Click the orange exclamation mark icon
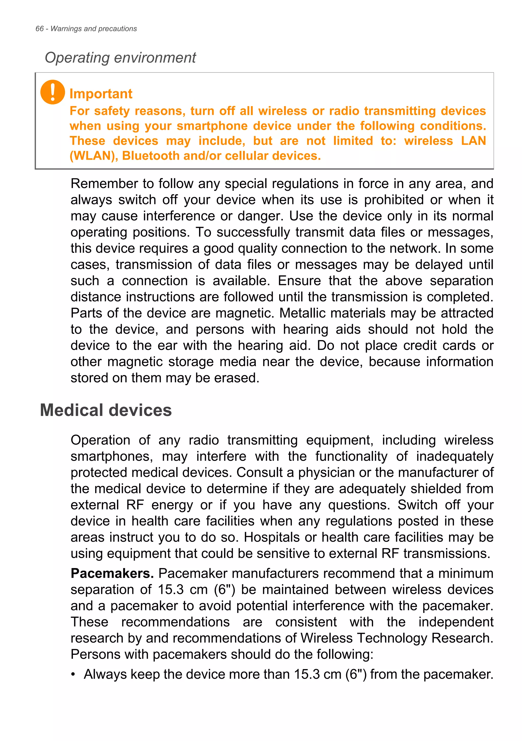(52, 92)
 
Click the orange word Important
(101, 94)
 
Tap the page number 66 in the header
(39, 29)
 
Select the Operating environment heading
(120, 58)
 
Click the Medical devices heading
(106, 410)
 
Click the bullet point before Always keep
(73, 674)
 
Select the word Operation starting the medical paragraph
(100, 440)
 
